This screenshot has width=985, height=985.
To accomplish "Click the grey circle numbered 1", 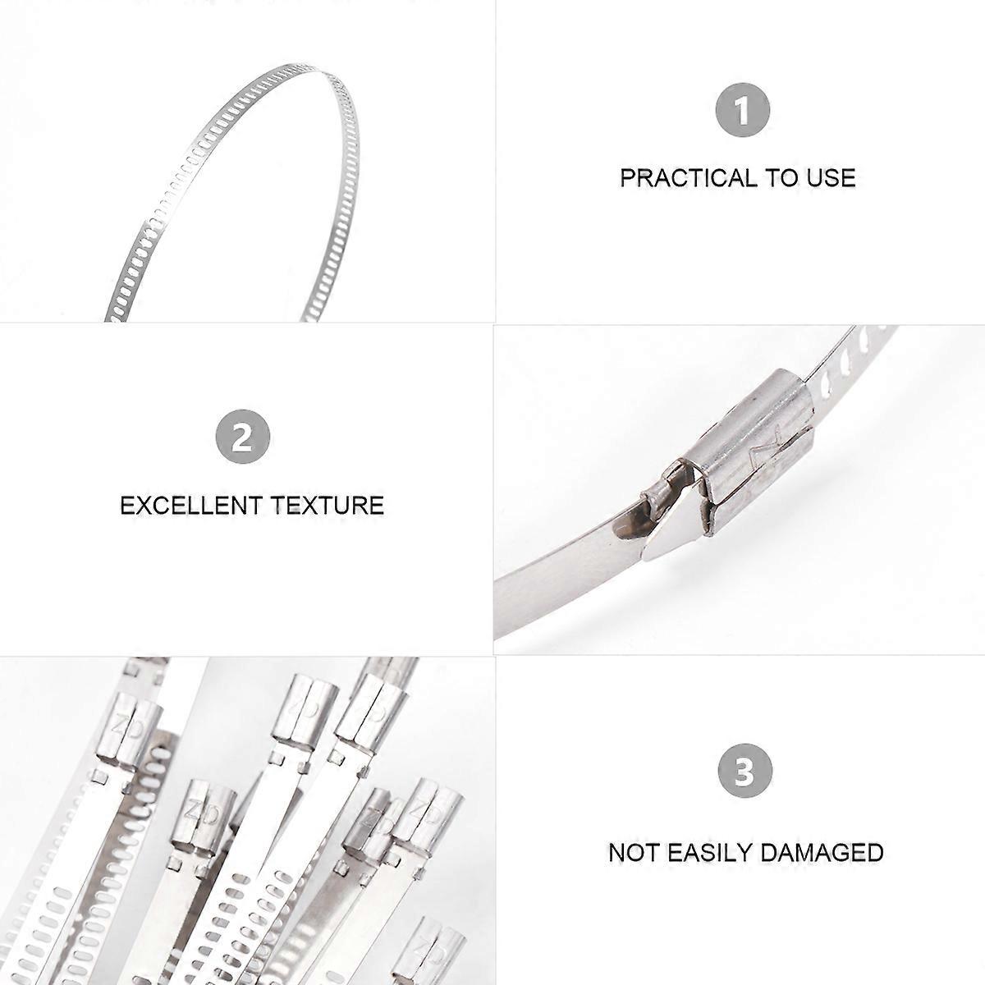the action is pyautogui.click(x=742, y=110).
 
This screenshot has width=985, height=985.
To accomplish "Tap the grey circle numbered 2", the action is pyautogui.click(x=243, y=437).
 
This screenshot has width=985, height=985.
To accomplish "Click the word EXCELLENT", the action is pyautogui.click(x=190, y=506).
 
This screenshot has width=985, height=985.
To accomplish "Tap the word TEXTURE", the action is pyautogui.click(x=328, y=506).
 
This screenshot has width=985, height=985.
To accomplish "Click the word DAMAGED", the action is pyautogui.click(x=822, y=852).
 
